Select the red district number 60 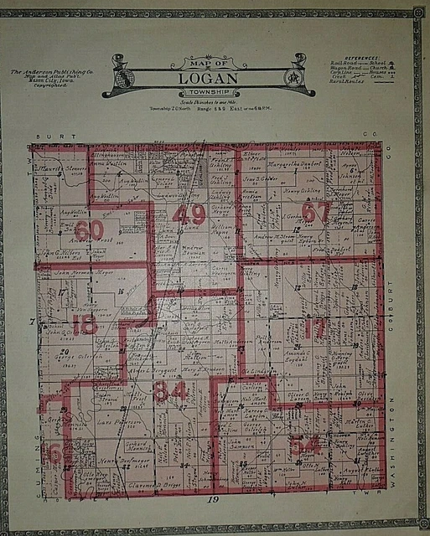pos(88,228)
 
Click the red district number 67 pos(316,213)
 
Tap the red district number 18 pos(84,325)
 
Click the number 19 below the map pos(214,500)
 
